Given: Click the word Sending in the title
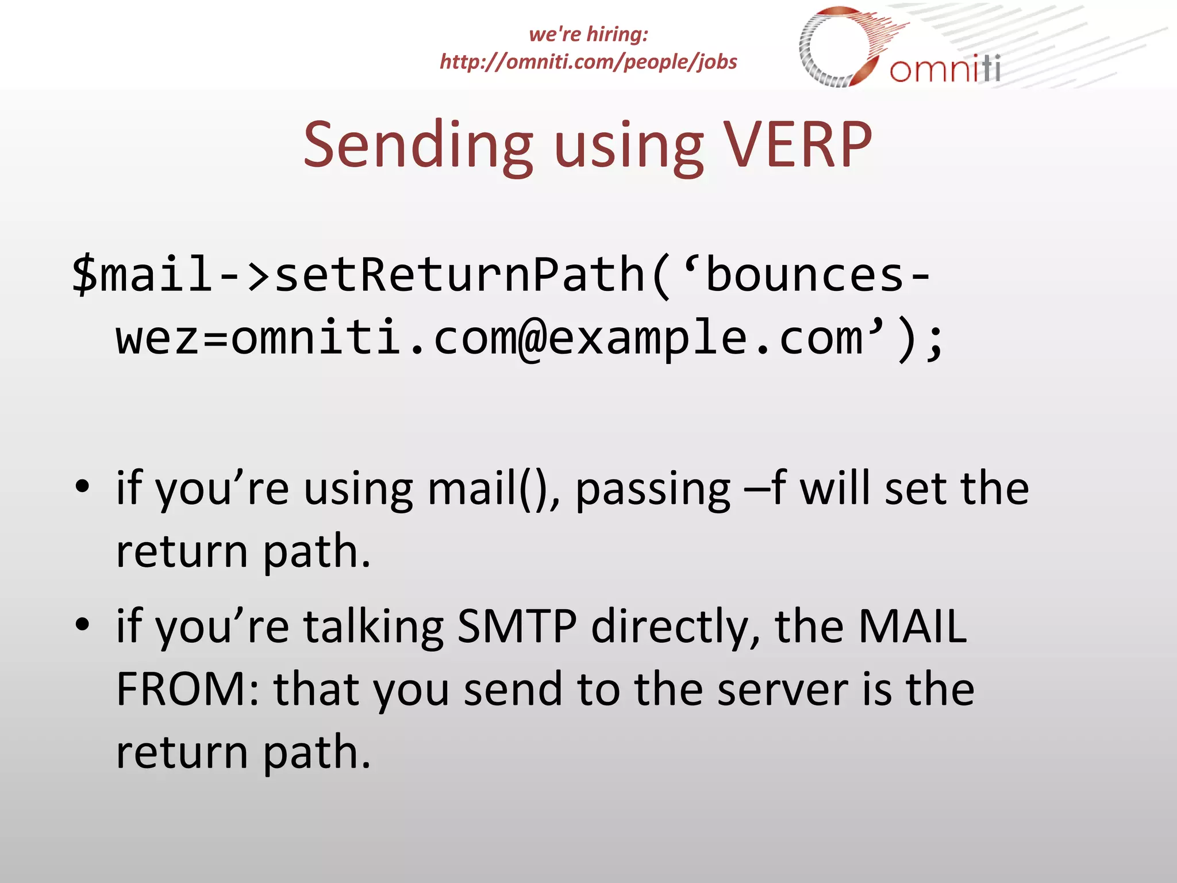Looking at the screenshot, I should point(418,146).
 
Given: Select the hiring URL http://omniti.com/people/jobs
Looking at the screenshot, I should point(588,62).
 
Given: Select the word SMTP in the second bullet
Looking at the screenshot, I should point(517,626).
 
